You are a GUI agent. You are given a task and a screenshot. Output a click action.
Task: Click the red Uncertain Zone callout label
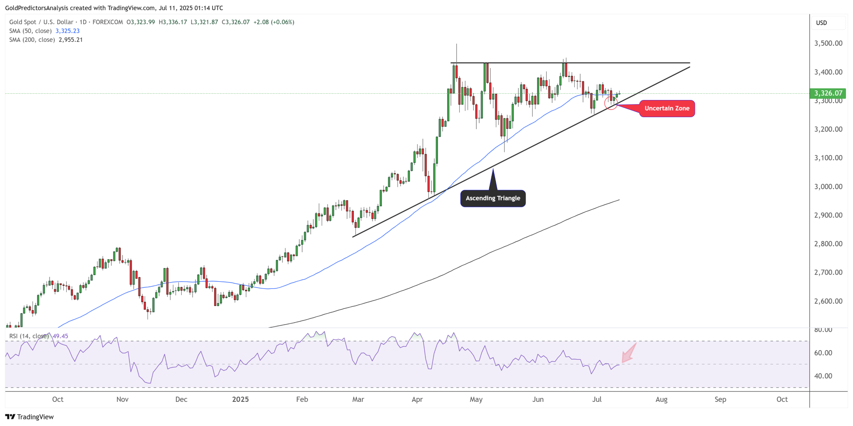(667, 108)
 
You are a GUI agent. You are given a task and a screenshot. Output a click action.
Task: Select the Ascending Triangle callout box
(493, 198)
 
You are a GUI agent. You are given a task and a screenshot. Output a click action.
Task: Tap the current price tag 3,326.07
(828, 93)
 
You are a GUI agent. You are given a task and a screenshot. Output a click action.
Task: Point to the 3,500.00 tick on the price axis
(828, 43)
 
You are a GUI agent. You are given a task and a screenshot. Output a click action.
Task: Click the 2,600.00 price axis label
(828, 301)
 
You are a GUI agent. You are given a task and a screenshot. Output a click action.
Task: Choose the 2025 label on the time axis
(240, 399)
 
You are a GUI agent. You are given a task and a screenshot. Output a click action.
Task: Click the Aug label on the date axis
(661, 399)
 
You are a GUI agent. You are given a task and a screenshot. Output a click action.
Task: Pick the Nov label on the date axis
(123, 399)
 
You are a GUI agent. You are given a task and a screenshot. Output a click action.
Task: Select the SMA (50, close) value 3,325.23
(68, 31)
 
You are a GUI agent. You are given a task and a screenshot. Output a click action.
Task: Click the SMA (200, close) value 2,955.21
(70, 40)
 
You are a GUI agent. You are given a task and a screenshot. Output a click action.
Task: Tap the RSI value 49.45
(60, 336)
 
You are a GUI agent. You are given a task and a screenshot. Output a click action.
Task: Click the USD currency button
(821, 23)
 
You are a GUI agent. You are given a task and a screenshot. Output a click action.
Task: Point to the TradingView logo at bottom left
(30, 417)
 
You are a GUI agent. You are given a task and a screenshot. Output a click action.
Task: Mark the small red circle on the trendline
(611, 103)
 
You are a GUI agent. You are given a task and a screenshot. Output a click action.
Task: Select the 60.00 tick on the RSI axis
(823, 353)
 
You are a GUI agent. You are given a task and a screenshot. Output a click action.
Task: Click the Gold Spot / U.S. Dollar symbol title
(41, 22)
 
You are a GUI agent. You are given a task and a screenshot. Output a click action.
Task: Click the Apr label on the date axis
(417, 399)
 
